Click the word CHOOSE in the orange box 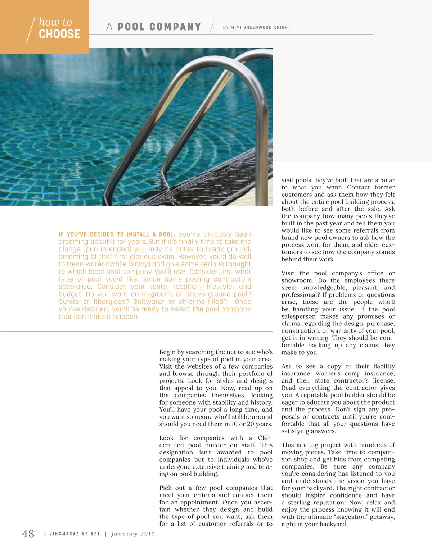(59, 34)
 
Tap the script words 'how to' (55, 22)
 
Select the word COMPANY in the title (175, 27)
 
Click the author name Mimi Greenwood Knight (260, 27)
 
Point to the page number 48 (28, 534)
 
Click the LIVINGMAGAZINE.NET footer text (72, 534)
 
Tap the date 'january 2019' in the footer (133, 534)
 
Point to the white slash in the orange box (31, 30)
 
